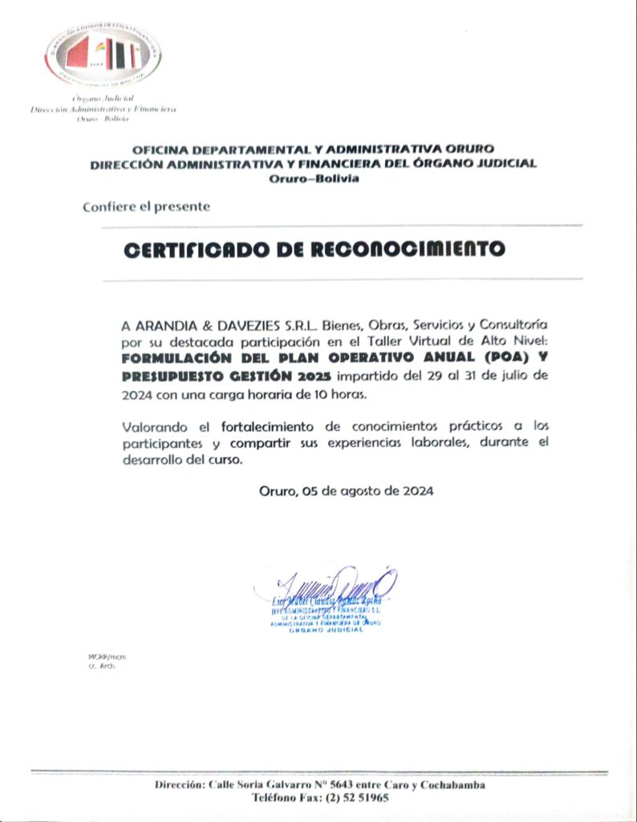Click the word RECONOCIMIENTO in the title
pos(408,249)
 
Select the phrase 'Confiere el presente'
pos(146,206)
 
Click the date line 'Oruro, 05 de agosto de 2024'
pos(347,491)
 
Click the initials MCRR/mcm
pos(107,657)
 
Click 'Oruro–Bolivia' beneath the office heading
pos(314,178)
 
